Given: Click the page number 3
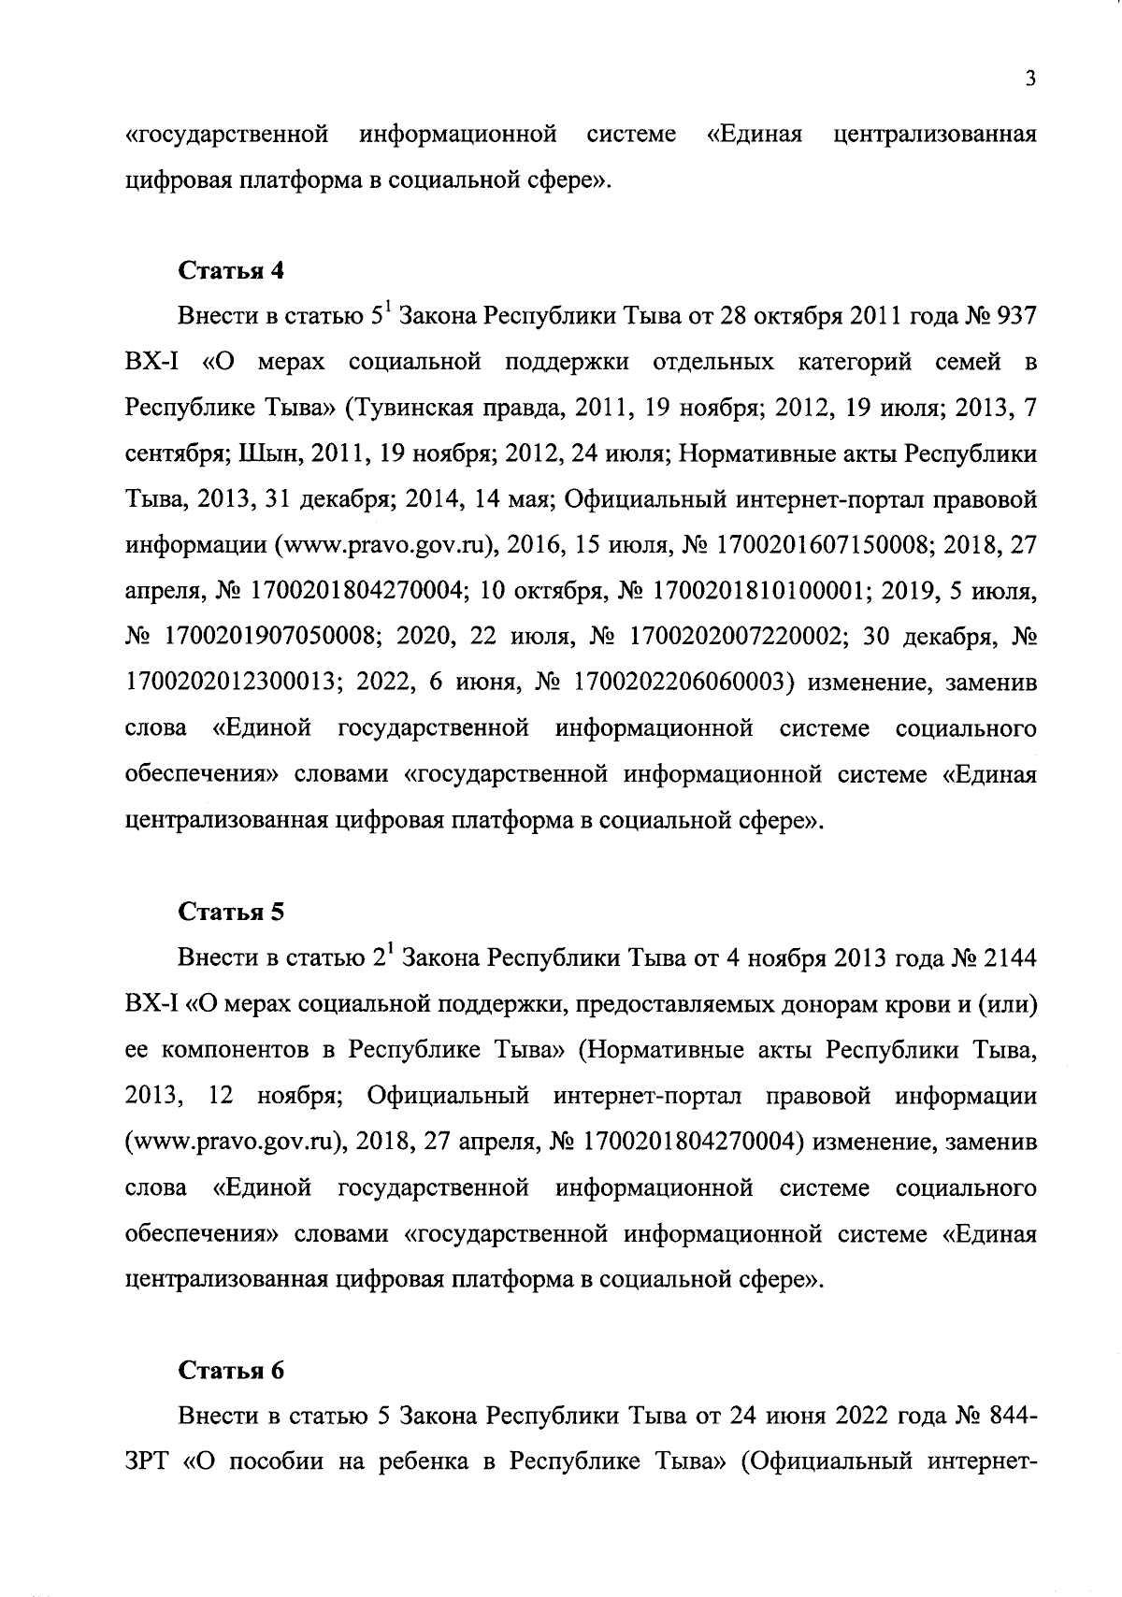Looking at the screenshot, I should point(1029,79).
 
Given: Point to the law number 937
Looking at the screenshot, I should point(1017,317).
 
